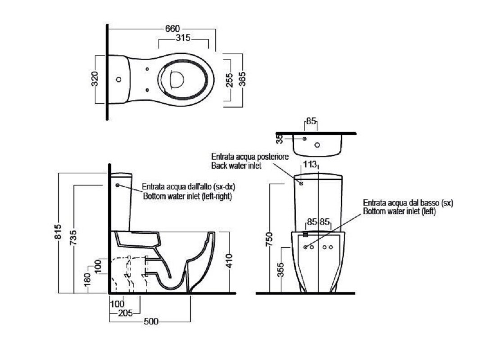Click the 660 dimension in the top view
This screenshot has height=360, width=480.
coord(172,29)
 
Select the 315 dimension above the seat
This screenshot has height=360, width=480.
coord(183,38)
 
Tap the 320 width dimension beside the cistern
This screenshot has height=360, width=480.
coord(95,79)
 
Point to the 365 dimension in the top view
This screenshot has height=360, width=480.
coord(242,79)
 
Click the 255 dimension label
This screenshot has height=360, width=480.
coord(229,80)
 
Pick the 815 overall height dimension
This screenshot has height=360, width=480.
coord(58,232)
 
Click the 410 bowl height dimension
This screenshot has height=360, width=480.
coord(230,261)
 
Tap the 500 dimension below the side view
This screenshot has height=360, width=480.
coord(151,321)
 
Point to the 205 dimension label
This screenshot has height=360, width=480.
coord(126,313)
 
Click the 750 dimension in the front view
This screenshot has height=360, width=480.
coord(269,239)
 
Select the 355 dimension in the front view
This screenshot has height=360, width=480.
coord(281,270)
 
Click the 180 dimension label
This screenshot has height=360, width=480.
coord(87,280)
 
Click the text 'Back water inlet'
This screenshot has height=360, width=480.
coord(236,166)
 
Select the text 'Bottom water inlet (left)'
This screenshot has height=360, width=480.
coord(399,211)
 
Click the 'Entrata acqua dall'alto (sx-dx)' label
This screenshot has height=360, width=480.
coord(189,186)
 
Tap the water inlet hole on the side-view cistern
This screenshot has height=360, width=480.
coord(117,185)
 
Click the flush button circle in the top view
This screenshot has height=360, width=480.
coord(118,80)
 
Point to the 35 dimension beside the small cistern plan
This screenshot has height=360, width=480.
coord(279,139)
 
